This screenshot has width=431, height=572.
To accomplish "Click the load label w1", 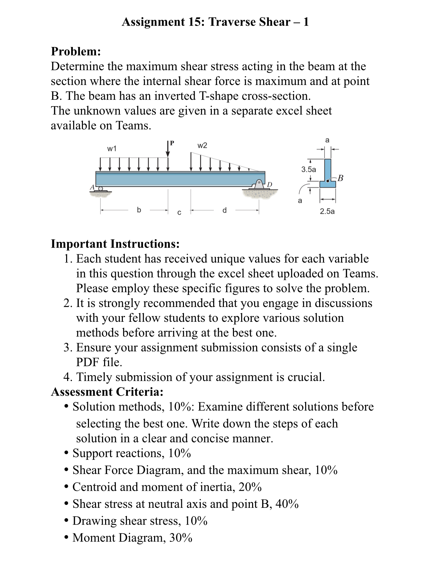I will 112,148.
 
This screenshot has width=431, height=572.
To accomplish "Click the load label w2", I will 202,145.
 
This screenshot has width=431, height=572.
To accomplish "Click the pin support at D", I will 259,185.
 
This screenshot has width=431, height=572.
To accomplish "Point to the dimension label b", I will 139,210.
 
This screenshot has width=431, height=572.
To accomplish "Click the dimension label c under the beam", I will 179,213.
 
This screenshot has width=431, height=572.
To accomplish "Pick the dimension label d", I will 225,210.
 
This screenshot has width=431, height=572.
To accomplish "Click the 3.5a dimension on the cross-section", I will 308,169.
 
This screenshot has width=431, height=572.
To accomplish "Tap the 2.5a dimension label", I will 327,211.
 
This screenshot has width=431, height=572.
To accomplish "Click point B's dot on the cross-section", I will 328,181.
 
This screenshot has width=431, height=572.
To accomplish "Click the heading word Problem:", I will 76,51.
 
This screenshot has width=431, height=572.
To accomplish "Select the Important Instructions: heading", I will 115,244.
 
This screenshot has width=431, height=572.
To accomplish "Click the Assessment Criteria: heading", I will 107,392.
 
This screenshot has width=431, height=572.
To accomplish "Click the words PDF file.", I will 99,362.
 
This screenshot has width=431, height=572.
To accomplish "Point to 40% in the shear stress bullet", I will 287,504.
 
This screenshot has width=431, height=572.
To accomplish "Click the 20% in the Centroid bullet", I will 250,487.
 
